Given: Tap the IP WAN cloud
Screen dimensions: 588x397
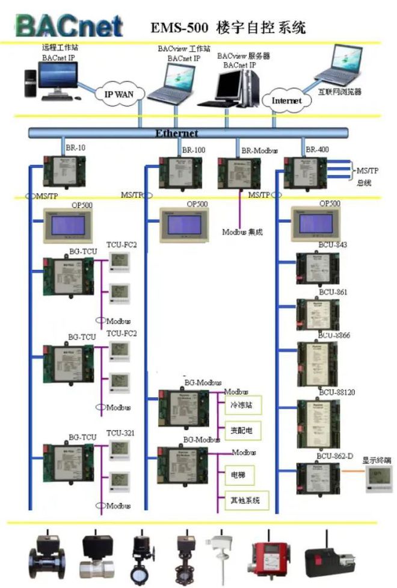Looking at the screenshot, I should [x=118, y=93].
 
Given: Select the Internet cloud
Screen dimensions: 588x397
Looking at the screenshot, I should [x=287, y=101].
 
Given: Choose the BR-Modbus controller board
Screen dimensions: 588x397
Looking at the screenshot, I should [x=239, y=172].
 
